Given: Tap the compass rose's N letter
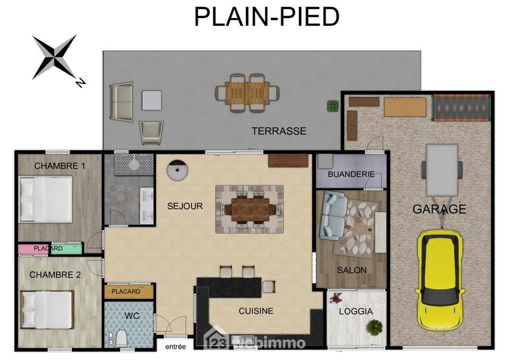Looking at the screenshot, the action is pyautogui.click(x=80, y=83).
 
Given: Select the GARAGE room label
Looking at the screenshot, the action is pyautogui.click(x=439, y=209).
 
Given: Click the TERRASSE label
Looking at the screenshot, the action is pyautogui.click(x=279, y=131).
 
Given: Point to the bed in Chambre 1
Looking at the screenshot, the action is pyautogui.click(x=45, y=199).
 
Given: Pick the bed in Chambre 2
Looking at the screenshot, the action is pyautogui.click(x=47, y=310).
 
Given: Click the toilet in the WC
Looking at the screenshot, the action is pyautogui.click(x=121, y=338).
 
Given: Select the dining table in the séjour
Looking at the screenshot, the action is pyautogui.click(x=250, y=209).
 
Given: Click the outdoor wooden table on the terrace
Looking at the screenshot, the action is pyautogui.click(x=248, y=93).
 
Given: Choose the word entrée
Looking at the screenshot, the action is pyautogui.click(x=175, y=347).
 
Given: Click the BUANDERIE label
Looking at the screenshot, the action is pyautogui.click(x=351, y=174).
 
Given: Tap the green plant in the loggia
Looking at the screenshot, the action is pyautogui.click(x=374, y=327).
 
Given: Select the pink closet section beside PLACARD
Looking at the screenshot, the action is pyautogui.click(x=33, y=249).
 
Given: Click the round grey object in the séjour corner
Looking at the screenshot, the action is pyautogui.click(x=177, y=170).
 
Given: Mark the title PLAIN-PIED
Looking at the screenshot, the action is pyautogui.click(x=267, y=16).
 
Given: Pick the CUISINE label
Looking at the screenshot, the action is pyautogui.click(x=256, y=311).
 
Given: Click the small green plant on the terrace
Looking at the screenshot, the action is pyautogui.click(x=332, y=106).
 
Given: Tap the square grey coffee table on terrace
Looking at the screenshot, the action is pyautogui.click(x=152, y=100).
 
